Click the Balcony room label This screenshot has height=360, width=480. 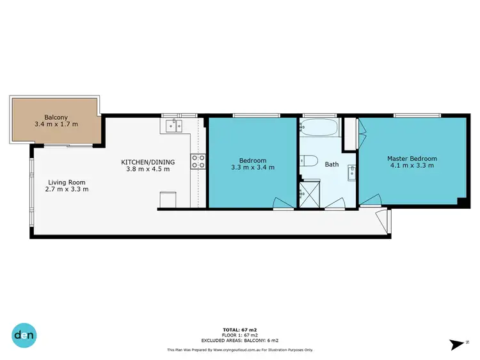[x=56, y=117]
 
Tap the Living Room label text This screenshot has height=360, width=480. [x=67, y=182]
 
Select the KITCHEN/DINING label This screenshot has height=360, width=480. [x=145, y=161]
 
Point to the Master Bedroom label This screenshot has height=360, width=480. [x=412, y=158]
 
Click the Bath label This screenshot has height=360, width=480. [x=332, y=165]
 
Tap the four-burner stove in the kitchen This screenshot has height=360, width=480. [x=197, y=161]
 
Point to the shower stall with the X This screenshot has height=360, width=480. [x=309, y=192]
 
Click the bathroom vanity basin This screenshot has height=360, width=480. [x=351, y=171]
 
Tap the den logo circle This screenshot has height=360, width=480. [x=24, y=334]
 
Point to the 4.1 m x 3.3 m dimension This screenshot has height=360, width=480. [x=412, y=166]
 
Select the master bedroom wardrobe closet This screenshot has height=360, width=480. [x=351, y=134]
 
